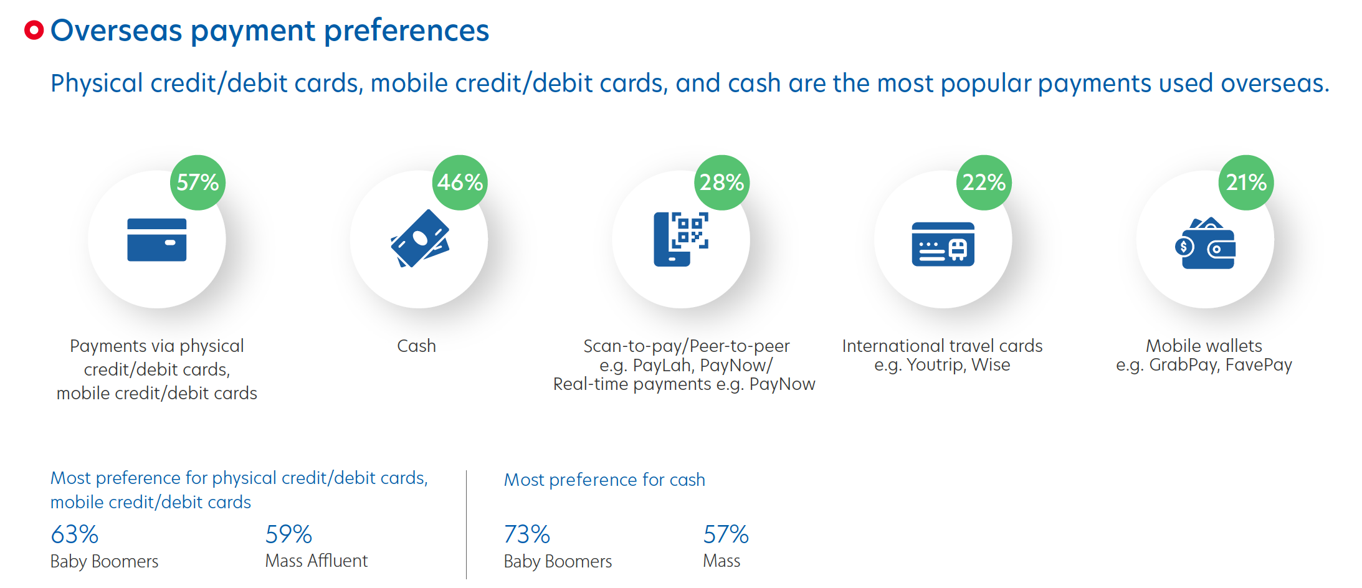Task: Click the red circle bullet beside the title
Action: [34, 30]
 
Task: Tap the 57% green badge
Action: [198, 183]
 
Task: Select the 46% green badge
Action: [460, 183]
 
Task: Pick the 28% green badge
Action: [721, 183]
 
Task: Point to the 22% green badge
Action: [984, 183]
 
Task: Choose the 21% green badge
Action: [1246, 183]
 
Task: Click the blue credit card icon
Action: [157, 240]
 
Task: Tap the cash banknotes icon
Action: [420, 239]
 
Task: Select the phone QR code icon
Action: [680, 239]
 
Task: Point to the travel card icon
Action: [943, 244]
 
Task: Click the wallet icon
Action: [1205, 244]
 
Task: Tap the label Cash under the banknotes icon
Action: [416, 346]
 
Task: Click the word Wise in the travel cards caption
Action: [991, 364]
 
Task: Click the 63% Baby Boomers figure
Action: [75, 534]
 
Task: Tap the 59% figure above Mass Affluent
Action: [288, 534]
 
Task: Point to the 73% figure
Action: [526, 534]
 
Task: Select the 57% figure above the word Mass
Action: [726, 534]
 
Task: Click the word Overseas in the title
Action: [117, 30]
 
